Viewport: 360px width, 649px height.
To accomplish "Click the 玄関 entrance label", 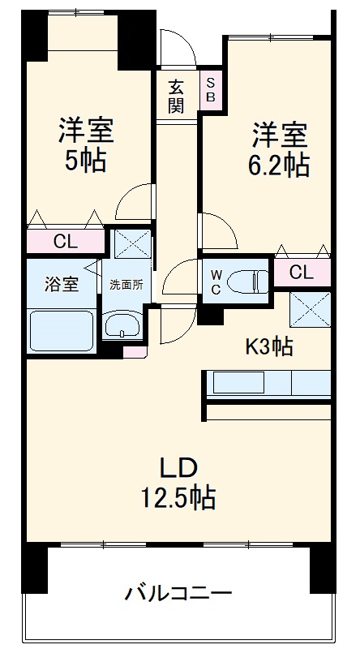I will point(177,96).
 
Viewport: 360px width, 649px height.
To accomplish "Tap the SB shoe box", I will point(211,89).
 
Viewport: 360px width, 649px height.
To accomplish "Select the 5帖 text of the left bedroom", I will point(86,161).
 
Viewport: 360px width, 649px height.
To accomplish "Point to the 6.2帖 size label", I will point(278,165).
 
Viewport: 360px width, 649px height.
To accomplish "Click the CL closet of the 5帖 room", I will point(66,242).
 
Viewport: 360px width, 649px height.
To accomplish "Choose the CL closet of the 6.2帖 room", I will point(302,273).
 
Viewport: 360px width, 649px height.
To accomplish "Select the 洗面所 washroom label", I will point(126,285).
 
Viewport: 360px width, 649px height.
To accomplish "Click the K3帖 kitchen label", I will point(270,346).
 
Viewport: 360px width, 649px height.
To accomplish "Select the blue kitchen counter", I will point(268,383).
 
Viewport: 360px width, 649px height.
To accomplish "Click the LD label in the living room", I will point(178,468).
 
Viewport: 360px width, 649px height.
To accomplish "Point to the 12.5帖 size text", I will point(178,496).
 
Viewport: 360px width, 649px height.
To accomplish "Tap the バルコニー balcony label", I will point(178,594).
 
